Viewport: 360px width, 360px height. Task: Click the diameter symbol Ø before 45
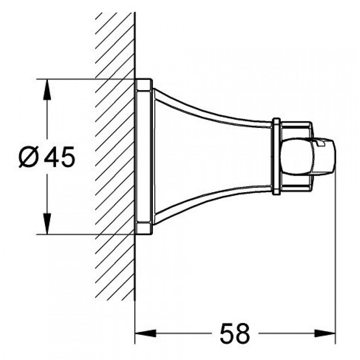pos(28,157)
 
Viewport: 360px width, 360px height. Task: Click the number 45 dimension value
pos(59,157)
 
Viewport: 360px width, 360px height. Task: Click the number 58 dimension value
pos(234,333)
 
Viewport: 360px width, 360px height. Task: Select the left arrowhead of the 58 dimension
pos(146,333)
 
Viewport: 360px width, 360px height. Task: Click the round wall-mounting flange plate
pos(144,157)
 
